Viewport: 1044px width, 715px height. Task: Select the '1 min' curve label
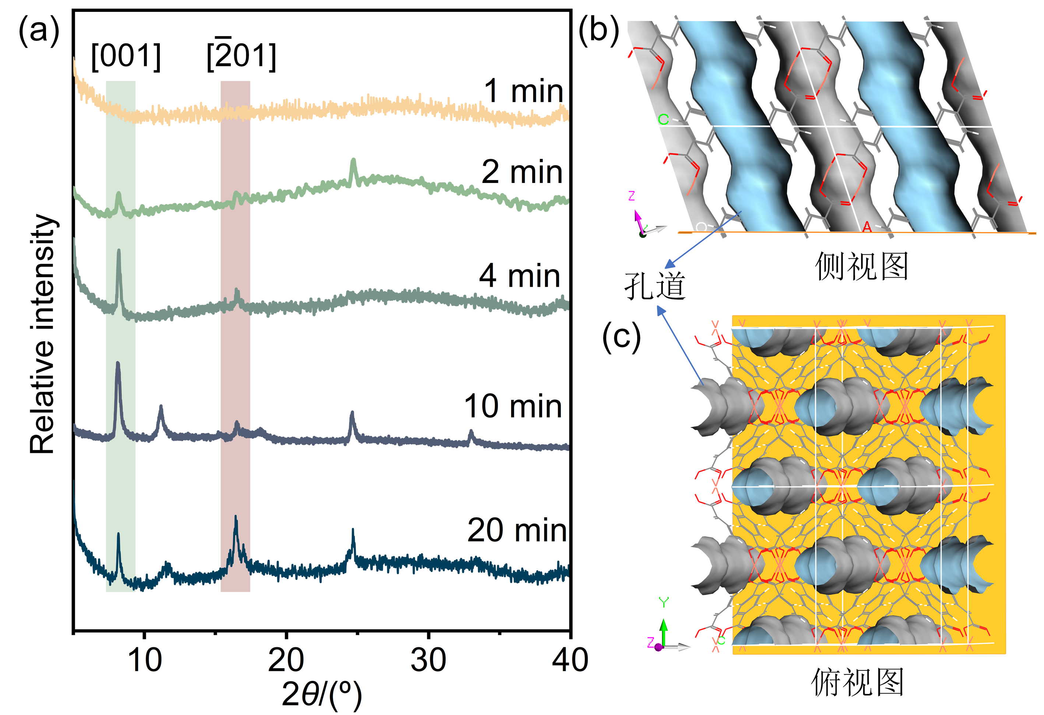pos(523,91)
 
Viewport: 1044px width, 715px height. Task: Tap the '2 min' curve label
pos(522,172)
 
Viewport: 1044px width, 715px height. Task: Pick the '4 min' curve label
pos(520,276)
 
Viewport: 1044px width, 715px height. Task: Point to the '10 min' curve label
pos(513,406)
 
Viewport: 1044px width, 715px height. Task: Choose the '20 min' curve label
pos(517,531)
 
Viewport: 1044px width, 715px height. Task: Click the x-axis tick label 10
pos(145,660)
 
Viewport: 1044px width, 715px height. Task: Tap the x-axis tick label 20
pos(286,660)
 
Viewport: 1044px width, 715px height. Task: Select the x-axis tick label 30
pos(428,660)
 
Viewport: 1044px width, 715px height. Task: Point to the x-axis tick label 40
pos(570,660)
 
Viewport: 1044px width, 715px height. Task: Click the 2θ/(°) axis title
pos(321,694)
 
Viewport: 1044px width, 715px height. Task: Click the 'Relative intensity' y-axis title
pos(42,335)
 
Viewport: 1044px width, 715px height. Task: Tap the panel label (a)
pos(39,31)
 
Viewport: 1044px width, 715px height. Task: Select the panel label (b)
pos(598,31)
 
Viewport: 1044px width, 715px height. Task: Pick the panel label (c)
pos(621,337)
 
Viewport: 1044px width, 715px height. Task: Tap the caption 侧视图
pos(862,266)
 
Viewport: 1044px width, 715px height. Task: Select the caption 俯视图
pos(857,682)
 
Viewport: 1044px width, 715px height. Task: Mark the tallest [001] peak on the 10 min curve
pos(118,364)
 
